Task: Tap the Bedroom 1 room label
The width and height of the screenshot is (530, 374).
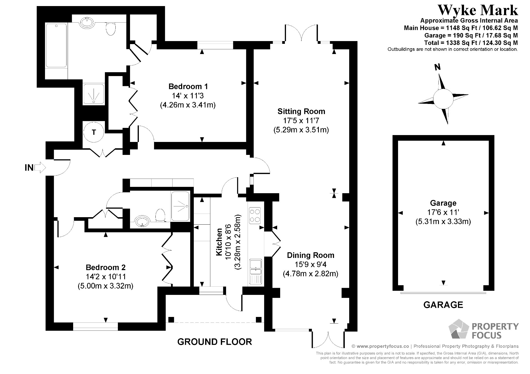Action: coord(188,86)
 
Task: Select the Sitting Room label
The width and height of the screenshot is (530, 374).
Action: coord(301,111)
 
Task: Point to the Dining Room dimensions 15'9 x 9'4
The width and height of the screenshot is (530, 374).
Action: coord(311,265)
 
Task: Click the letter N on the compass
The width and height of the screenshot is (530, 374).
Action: coord(437,67)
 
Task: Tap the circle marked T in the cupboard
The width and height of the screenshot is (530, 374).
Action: coord(94,132)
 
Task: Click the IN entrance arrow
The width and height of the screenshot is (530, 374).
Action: coord(40,167)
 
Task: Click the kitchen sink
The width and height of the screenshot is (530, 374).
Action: coord(256,271)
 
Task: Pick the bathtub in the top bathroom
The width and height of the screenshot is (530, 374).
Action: coord(56,46)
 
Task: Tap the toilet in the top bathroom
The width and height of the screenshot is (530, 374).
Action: coord(111,29)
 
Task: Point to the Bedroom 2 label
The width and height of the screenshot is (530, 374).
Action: coord(105,267)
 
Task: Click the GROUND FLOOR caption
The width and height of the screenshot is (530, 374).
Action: coord(214,342)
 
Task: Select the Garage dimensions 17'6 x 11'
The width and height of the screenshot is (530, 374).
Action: coord(443,212)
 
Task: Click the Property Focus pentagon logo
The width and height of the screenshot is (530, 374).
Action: coord(458,330)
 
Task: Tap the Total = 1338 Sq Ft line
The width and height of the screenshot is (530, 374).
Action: coord(471,43)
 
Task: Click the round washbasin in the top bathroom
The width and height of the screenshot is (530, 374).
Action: coord(88,22)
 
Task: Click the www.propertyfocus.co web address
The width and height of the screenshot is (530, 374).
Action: coord(382,346)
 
